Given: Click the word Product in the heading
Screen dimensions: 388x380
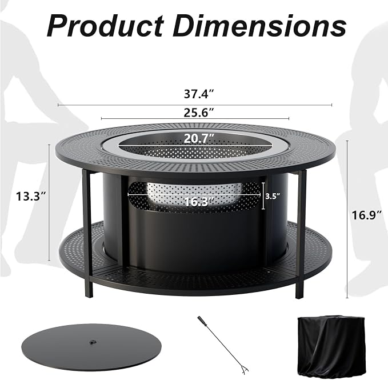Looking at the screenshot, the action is click(105, 26).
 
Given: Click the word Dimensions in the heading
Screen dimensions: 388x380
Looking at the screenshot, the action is click(259, 26).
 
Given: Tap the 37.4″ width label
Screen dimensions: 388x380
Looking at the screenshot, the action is click(199, 94).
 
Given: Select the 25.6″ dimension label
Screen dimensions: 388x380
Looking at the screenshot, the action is click(198, 113).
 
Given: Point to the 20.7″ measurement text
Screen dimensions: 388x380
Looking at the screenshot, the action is click(199, 138).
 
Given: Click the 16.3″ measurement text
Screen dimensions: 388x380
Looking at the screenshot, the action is click(199, 202).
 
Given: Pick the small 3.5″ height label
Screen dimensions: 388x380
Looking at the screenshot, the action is click(273, 196).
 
